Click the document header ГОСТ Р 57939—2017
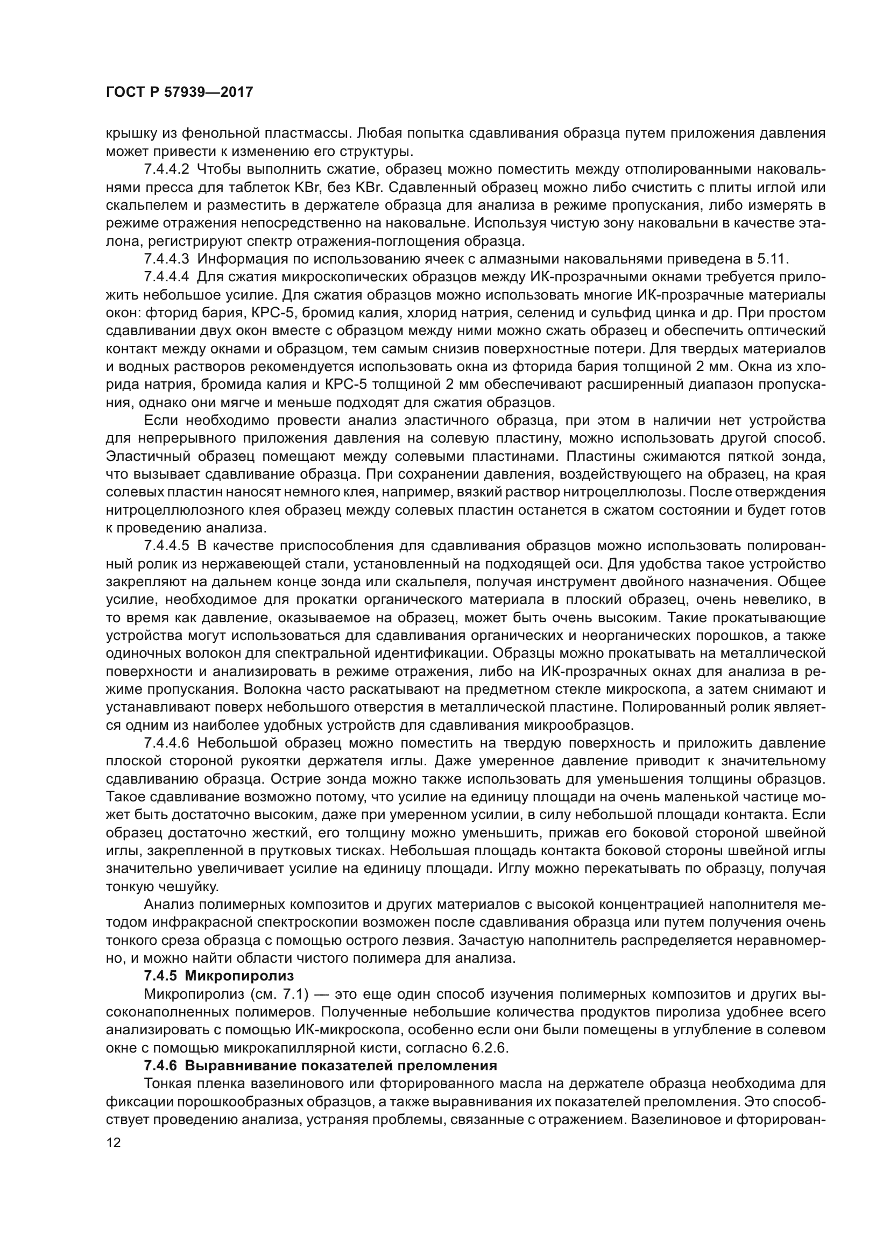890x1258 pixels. [179, 92]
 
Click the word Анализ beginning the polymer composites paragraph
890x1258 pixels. [168, 904]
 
